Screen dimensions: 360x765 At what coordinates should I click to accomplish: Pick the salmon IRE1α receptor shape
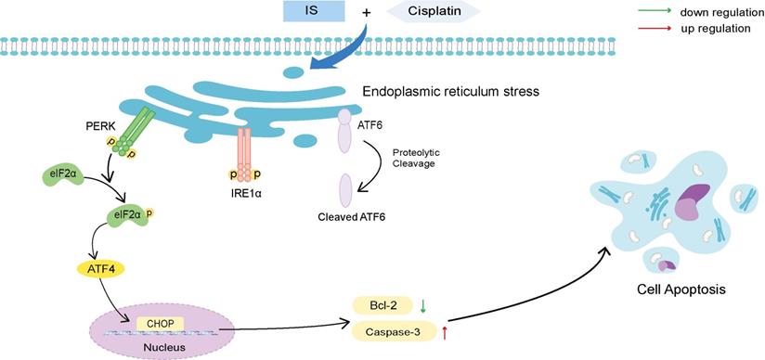click(244, 153)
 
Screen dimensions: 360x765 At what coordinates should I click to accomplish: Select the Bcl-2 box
click(380, 305)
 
